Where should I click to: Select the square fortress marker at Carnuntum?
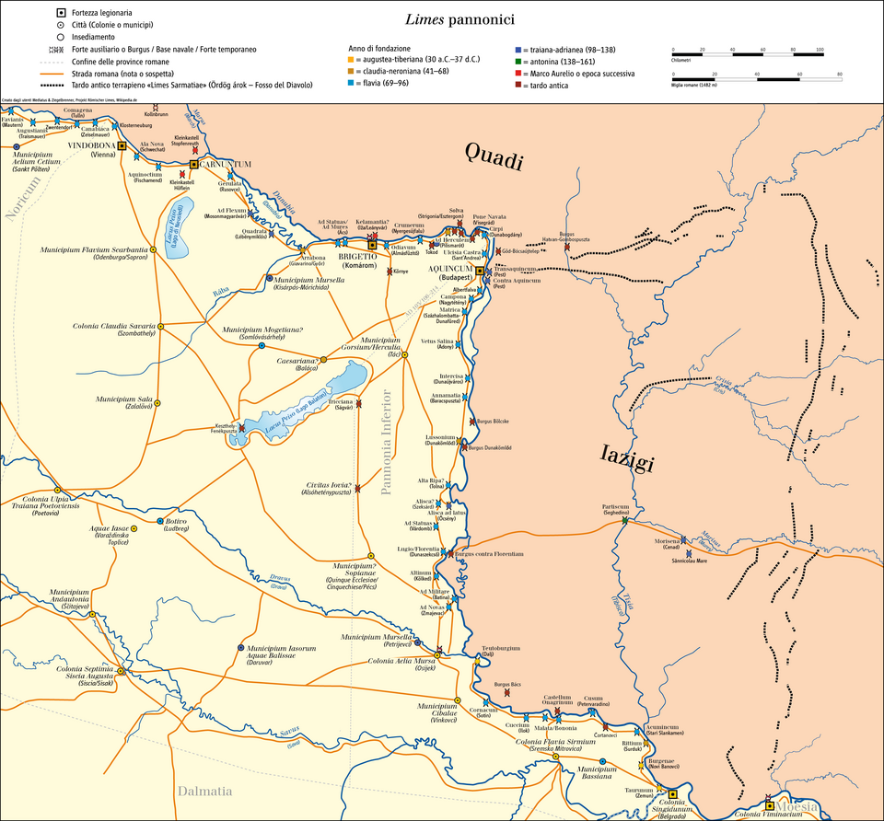click(x=193, y=164)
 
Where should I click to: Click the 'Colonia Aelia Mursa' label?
click(x=401, y=661)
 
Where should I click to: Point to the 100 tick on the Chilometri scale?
click(x=820, y=48)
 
